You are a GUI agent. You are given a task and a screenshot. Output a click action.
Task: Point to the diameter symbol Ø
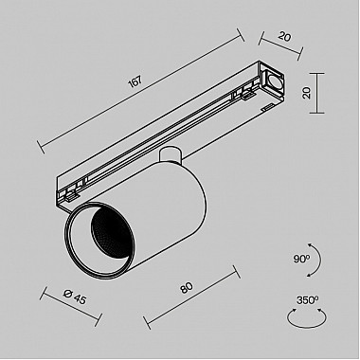(x=58, y=297)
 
